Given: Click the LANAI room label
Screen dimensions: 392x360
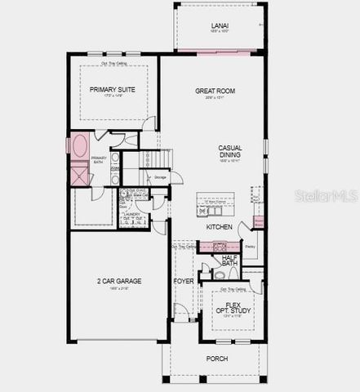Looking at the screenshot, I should tap(220, 26).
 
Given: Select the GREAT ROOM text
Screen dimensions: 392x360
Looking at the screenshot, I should tap(215, 91).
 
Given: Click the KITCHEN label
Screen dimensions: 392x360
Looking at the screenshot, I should tap(219, 226).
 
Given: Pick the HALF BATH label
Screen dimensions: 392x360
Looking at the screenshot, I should tap(230, 261).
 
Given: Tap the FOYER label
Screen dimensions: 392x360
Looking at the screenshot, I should tap(184, 282).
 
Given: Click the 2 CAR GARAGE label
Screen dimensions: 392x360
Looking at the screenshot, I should tap(118, 281).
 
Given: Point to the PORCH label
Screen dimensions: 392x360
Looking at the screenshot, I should tap(217, 359).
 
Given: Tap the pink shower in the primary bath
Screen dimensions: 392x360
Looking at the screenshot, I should tap(80, 176).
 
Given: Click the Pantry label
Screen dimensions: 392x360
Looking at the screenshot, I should tap(251, 246).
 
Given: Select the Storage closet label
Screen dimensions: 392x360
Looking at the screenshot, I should tap(160, 176).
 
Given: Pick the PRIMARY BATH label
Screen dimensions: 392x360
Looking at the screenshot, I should tap(99, 161).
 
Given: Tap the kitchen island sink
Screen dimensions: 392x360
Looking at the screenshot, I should tap(204, 209).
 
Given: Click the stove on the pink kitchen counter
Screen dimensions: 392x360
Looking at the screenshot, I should tap(219, 246).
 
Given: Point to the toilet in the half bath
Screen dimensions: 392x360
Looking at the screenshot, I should tap(220, 276).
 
